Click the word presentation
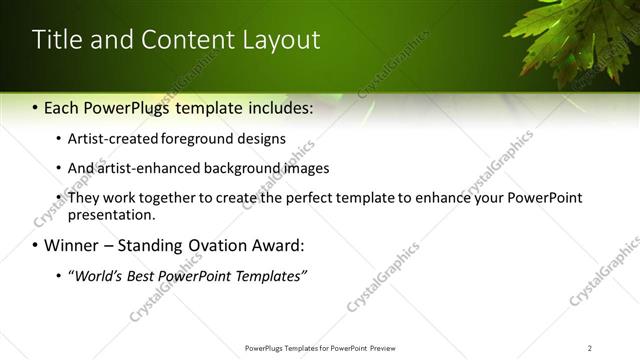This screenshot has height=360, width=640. (110, 214)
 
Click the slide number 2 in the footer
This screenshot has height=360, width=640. (589, 348)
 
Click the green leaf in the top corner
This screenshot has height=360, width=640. (580, 40)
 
